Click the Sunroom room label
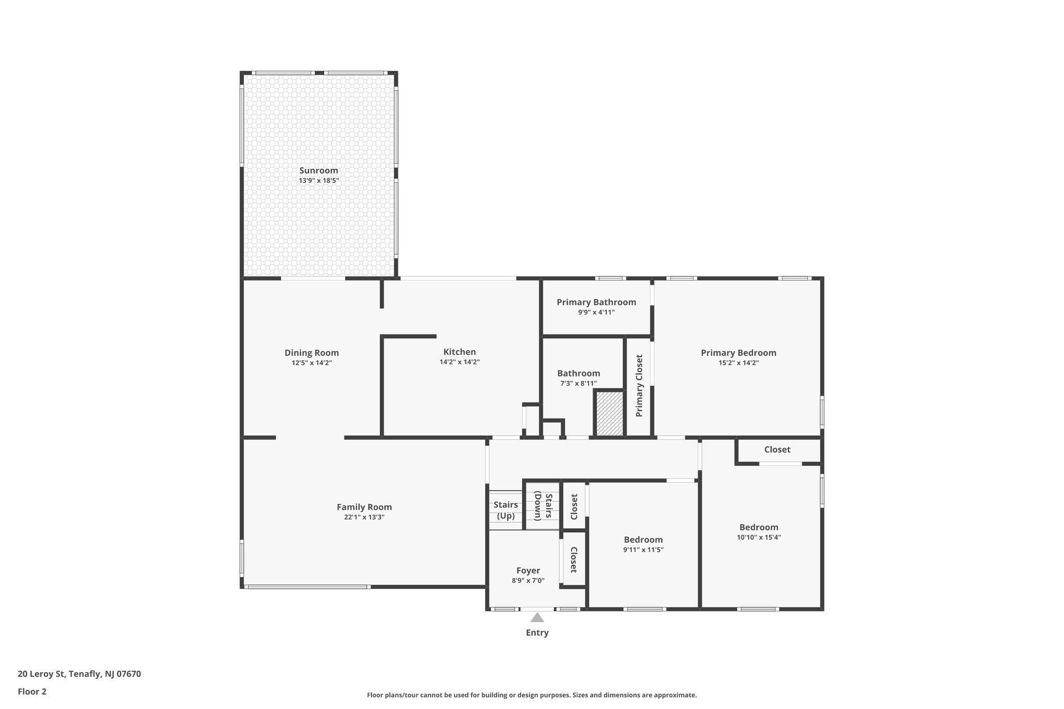pos(318,170)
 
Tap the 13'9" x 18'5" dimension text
pos(318,181)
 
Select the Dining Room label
pos(311,353)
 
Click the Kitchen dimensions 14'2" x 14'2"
pos(459,362)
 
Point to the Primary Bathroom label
pos(596,302)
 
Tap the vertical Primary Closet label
pos(639,385)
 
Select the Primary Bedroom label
pos(738,353)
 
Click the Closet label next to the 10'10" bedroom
pos(777,450)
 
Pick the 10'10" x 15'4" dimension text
pos(759,538)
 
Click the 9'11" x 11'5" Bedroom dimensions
pos(643,550)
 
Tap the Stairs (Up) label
pos(506,510)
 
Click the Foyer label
pos(528,571)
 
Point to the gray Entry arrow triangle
pos(537,618)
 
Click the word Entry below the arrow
pos(537,633)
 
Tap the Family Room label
pos(364,507)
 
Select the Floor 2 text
pos(32,691)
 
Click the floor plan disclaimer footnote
pos(531,695)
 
